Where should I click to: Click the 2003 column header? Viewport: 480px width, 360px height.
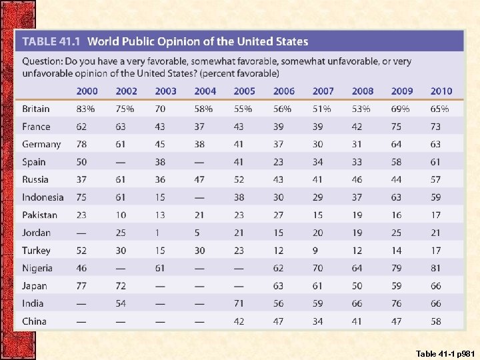[165, 91]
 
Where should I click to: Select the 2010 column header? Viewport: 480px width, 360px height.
[441, 91]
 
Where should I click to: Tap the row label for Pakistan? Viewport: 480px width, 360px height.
[39, 215]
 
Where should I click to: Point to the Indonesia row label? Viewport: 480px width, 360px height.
[43, 197]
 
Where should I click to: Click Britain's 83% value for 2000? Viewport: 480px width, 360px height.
[85, 109]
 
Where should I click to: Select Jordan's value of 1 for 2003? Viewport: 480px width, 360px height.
[157, 233]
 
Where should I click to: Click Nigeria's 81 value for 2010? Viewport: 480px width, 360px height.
[435, 268]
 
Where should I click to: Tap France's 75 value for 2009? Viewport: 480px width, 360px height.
[396, 127]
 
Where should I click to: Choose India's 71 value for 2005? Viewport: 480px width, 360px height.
[239, 303]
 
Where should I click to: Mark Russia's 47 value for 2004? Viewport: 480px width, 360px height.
[199, 179]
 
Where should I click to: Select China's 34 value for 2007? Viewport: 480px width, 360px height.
[317, 321]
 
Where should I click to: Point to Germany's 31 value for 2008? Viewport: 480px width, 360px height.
[357, 144]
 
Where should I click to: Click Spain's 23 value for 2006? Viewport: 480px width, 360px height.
[278, 162]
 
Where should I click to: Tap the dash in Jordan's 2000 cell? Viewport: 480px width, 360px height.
[81, 233]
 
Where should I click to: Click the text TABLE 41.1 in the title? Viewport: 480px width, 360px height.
[51, 41]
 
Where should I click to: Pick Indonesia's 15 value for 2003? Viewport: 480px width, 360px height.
[160, 197]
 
